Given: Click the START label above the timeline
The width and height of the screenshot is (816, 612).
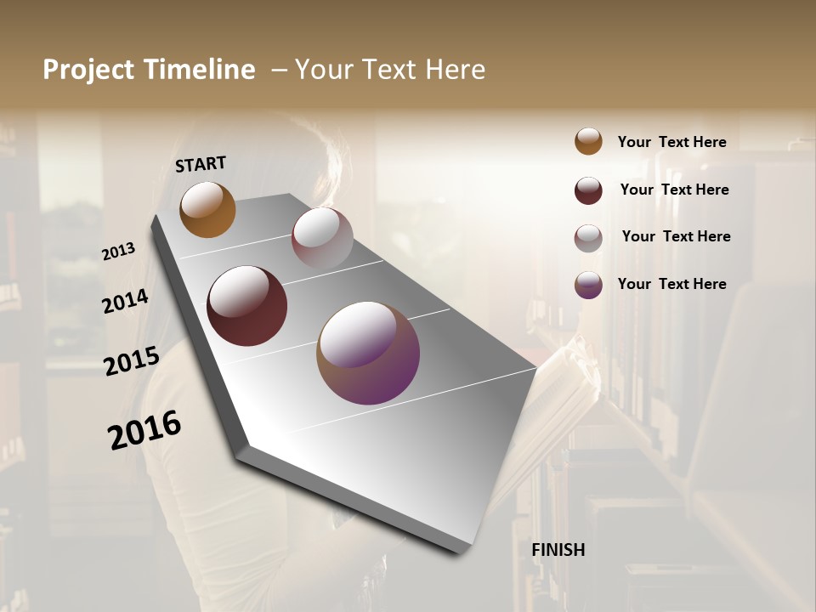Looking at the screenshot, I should tap(201, 164).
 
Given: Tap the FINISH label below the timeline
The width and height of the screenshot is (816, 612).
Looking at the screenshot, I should tap(558, 550).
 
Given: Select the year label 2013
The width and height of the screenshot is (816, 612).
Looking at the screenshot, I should tap(118, 252).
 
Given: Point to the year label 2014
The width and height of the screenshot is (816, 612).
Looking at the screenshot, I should tap(125, 302).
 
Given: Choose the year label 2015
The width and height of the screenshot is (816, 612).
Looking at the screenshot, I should tap(132, 361).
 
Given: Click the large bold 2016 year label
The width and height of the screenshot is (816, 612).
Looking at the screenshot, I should tap(144, 429).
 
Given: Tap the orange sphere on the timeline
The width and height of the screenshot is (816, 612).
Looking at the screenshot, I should tap(207, 209).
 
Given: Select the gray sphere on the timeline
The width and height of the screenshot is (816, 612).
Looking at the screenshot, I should tap(322, 238).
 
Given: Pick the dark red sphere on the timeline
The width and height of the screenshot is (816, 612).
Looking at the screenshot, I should tap(246, 306).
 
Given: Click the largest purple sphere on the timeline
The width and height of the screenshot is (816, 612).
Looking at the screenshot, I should tap(368, 353).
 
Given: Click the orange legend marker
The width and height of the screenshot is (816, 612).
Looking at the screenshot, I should tap(588, 142).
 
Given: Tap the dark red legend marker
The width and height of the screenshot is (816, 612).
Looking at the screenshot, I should tap(588, 190).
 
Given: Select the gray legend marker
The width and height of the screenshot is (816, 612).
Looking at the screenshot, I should tap(588, 238).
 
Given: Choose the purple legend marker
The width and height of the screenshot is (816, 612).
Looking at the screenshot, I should tap(588, 285).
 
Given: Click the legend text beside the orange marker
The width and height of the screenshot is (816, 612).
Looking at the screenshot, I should tap(671, 142).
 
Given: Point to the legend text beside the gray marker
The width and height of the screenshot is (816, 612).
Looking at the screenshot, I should tap(676, 236).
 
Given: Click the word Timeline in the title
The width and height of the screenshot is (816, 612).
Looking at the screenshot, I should tap(200, 70).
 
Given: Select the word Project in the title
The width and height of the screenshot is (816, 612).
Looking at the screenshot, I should tap(88, 70).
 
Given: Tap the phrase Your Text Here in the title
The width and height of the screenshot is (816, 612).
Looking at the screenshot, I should tap(390, 70).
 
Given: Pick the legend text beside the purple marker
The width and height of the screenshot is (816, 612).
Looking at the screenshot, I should tap(671, 284).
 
